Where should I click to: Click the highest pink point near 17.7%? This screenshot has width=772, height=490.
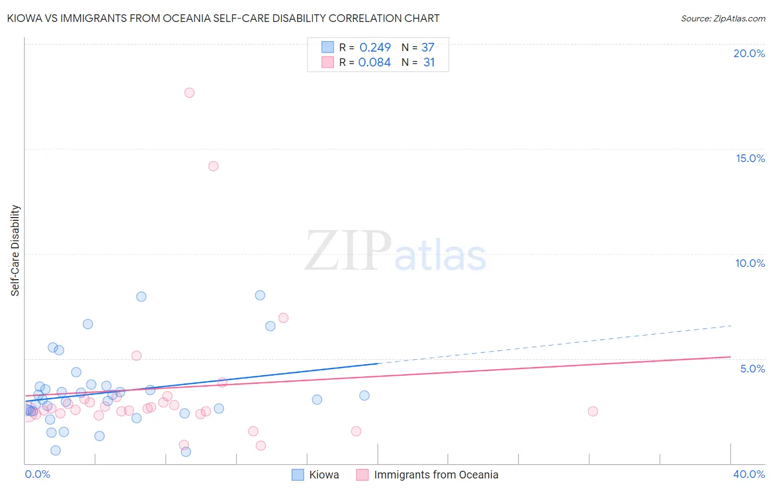[x=189, y=93]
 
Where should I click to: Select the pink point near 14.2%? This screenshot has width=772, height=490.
[x=214, y=166]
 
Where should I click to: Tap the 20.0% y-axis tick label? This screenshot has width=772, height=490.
[x=749, y=53]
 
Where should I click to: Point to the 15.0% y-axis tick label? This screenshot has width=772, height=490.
[x=750, y=158]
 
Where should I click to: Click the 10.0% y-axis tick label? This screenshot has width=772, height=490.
[x=750, y=263]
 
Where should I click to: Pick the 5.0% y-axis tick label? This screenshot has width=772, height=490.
[x=752, y=369]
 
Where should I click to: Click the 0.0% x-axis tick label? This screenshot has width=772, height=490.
[x=37, y=475]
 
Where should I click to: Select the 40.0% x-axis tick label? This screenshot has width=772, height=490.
[x=749, y=475]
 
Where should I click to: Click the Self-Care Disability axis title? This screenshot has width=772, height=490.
[x=15, y=250]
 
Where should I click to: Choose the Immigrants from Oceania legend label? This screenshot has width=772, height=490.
[x=436, y=475]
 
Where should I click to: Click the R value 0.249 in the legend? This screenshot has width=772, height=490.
[x=375, y=48]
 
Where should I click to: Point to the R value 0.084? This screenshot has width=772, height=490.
[x=374, y=63]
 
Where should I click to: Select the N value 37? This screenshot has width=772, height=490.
[x=428, y=48]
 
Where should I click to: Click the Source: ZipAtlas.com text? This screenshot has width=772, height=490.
[x=723, y=19]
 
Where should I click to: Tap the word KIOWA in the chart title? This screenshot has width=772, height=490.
[x=24, y=19]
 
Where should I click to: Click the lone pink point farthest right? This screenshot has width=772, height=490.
[x=592, y=411]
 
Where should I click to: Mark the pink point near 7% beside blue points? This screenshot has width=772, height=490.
[x=283, y=318]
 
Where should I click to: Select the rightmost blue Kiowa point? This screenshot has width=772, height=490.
[x=364, y=396]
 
